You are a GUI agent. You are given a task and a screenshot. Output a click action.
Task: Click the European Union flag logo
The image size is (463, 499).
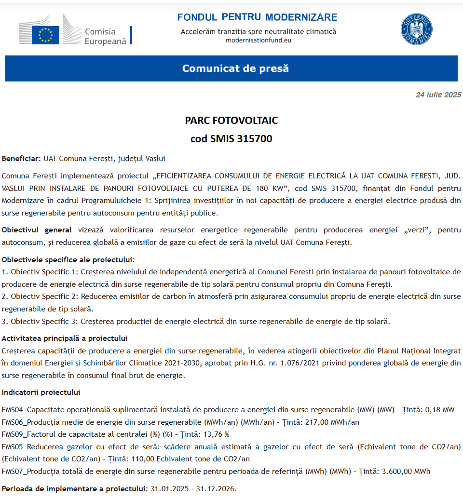[x=46, y=35]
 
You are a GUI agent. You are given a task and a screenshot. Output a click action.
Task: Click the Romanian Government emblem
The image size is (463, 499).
[x=416, y=29]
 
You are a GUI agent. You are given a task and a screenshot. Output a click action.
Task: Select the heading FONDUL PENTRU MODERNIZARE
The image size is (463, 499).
[x=257, y=17]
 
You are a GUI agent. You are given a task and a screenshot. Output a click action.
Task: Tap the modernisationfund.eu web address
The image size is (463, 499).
[x=259, y=40]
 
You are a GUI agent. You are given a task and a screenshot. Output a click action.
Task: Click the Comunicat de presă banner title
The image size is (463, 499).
[x=235, y=68]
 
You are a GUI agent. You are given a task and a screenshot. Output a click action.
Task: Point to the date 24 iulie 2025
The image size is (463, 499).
[x=438, y=94]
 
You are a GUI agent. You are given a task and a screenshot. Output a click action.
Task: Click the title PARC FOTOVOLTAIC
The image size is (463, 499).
[x=231, y=120]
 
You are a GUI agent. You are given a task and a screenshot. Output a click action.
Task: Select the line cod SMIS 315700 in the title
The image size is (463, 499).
[x=231, y=139]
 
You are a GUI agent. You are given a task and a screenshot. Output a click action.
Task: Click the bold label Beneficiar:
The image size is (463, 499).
[x=21, y=158]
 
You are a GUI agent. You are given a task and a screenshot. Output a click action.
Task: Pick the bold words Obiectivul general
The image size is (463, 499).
[x=37, y=230]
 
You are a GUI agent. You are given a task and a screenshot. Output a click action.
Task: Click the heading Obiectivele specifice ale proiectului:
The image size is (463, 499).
[x=68, y=259]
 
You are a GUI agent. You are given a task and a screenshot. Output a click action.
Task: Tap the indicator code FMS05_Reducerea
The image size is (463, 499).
[x=30, y=446]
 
